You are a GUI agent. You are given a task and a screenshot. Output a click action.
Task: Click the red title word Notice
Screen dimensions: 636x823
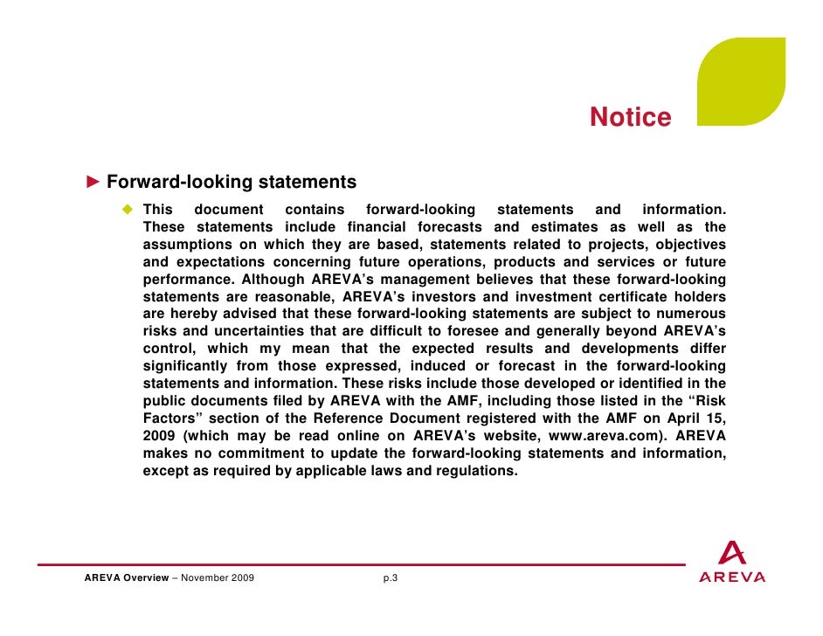coord(630,117)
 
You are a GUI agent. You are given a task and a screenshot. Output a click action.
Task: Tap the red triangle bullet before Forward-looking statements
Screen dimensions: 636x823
coord(93,183)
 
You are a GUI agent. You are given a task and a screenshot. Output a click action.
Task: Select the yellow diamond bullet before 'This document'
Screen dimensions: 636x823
coord(128,210)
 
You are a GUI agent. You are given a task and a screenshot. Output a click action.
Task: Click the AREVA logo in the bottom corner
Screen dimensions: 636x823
coord(732,563)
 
